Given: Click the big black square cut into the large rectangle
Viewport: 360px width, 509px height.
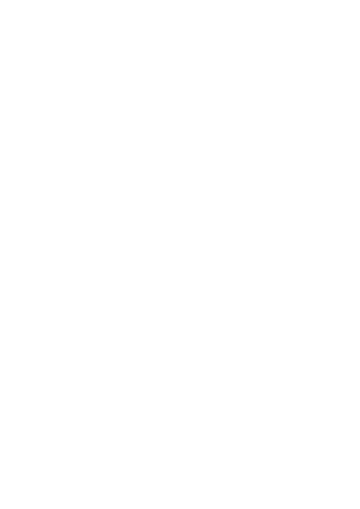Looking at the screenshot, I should (340, 212).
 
